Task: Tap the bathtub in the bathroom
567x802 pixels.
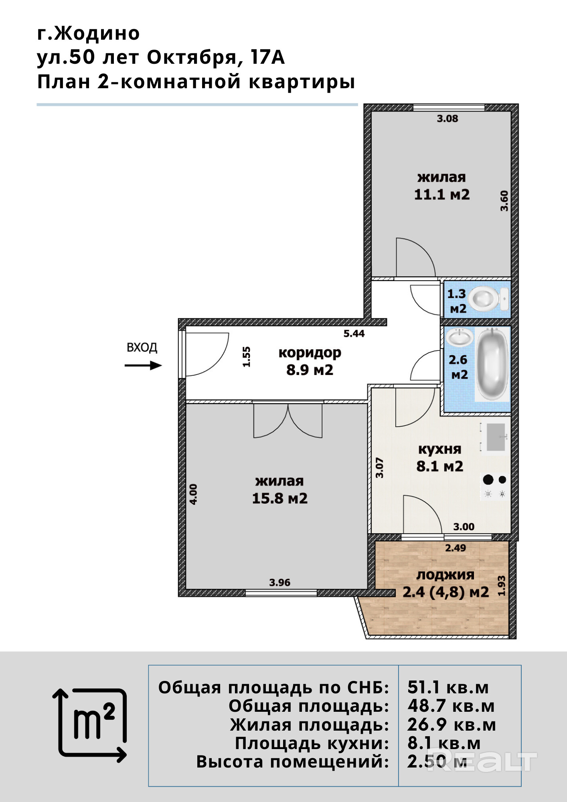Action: tap(492, 365)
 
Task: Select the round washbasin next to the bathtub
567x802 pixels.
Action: tap(460, 337)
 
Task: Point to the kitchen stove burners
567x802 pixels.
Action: tap(495, 486)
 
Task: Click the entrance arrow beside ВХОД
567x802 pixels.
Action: tap(143, 365)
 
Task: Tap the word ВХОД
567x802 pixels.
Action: tap(142, 347)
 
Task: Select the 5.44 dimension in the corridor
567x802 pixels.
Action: tap(354, 333)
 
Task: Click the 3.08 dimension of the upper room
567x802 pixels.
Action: tap(448, 118)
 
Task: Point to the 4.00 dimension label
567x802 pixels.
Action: tap(193, 494)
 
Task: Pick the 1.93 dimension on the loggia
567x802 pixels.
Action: tap(501, 586)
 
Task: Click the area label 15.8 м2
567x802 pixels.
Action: tap(280, 498)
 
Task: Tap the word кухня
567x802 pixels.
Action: tap(439, 450)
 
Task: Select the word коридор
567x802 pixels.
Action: tap(310, 353)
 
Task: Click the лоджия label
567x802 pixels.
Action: tap(445, 575)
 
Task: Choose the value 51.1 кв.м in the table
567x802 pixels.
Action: tap(448, 687)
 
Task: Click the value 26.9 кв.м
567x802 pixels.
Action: tap(452, 725)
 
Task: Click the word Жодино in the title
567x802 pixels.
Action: tap(97, 33)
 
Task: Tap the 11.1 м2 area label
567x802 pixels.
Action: tap(442, 194)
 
